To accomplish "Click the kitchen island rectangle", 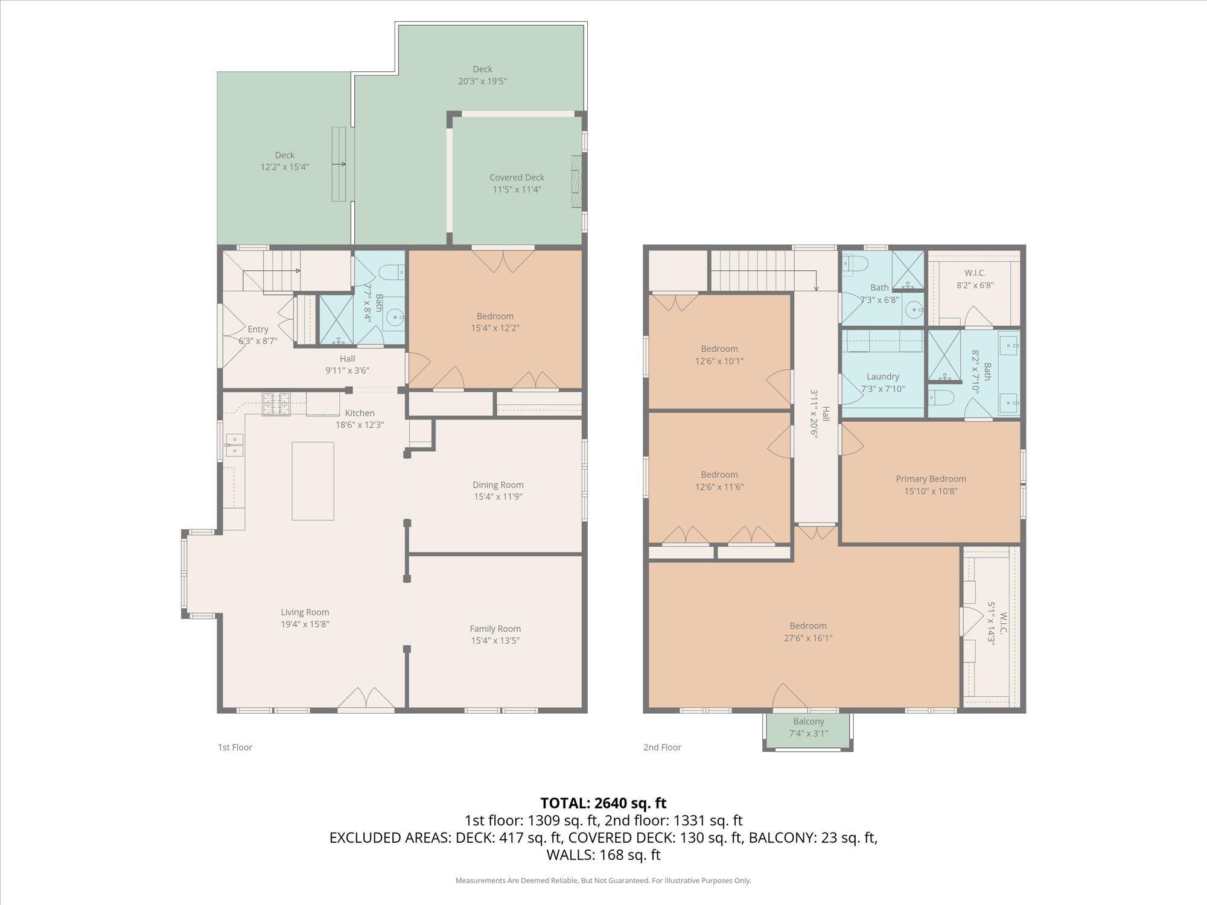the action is tap(313, 481).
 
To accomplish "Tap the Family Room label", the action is tap(495, 629).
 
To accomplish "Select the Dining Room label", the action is tap(498, 484).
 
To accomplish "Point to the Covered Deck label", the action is tap(517, 177).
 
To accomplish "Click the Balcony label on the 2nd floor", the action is tap(809, 722).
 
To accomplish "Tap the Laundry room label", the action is tap(883, 376).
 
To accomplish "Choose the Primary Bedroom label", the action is tap(931, 478).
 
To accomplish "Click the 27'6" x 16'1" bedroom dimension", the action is tap(808, 638).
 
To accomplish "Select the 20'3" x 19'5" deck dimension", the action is tap(482, 81).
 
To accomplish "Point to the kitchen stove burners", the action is tap(276, 404).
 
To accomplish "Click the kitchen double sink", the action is tap(234, 445).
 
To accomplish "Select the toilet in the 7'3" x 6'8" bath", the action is tap(855, 263).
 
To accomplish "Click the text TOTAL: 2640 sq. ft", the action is tap(603, 803).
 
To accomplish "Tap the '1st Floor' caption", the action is tap(235, 747).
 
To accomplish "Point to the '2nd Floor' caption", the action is tap(662, 747).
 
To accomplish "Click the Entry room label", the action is tap(258, 329).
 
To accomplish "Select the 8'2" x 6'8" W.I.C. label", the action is tap(975, 279).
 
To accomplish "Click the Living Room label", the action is tap(305, 612).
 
